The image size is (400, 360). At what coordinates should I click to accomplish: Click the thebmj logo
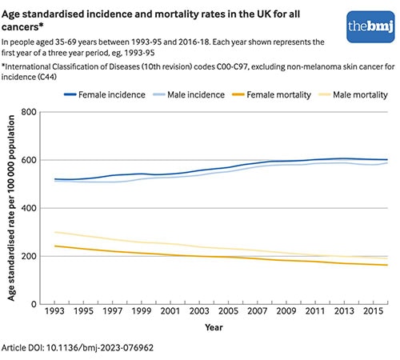(x=366, y=27)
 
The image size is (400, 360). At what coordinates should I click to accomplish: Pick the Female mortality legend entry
(x=270, y=94)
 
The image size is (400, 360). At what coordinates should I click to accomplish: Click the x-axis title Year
(x=213, y=328)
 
